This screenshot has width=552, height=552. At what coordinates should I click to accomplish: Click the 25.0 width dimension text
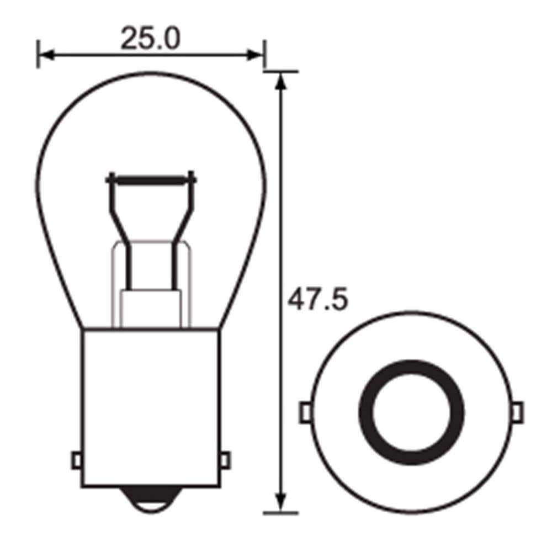pos(150,39)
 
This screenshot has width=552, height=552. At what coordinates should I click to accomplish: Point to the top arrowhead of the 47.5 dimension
pos(282,81)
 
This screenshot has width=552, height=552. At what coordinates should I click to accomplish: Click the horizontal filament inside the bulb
pos(151,180)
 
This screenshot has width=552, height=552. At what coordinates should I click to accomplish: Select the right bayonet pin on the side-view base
pos(224,459)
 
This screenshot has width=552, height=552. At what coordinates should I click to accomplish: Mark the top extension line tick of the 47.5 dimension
pos(282,71)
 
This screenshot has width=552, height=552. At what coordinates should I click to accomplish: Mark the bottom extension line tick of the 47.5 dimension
pos(282,513)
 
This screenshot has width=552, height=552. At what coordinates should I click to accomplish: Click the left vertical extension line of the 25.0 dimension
pos(38,54)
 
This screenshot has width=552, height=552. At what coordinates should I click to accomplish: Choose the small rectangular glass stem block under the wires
pos(151,309)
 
